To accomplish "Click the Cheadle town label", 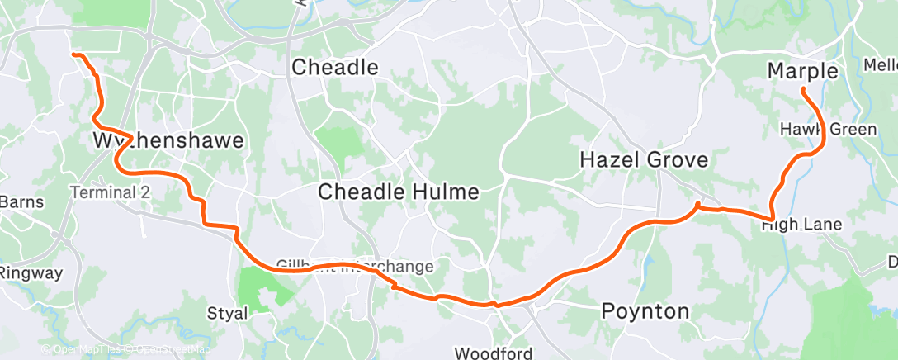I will [x=335, y=67].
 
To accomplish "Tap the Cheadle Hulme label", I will [x=399, y=192].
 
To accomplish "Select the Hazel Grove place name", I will [x=644, y=160].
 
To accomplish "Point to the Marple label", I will [x=802, y=72].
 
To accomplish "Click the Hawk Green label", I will [x=822, y=130].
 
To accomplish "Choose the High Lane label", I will [x=801, y=225].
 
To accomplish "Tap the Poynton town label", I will [x=645, y=311].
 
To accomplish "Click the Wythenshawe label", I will [x=168, y=141].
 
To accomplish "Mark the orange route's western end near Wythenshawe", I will [x=74, y=54].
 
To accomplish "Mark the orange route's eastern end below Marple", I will [x=802, y=91].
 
